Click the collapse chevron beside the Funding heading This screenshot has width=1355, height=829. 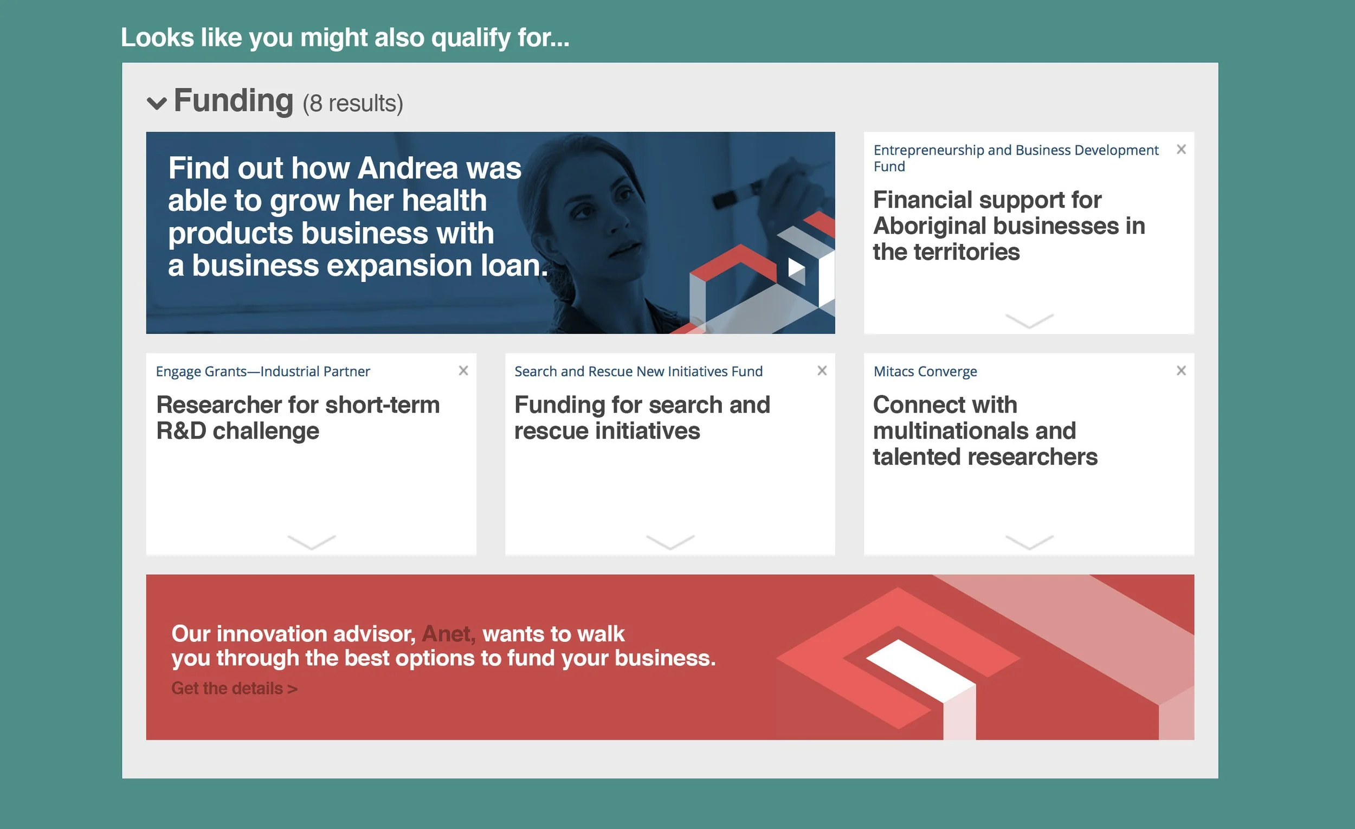click(x=157, y=104)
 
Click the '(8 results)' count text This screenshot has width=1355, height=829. click(x=352, y=104)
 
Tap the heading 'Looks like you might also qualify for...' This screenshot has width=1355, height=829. click(x=345, y=37)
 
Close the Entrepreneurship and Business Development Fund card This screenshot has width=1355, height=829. click(x=1180, y=150)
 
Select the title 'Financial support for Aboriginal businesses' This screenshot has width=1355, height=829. click(x=1009, y=226)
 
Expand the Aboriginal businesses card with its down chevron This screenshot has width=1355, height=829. click(x=1029, y=320)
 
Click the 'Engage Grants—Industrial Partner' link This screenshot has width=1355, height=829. click(x=263, y=371)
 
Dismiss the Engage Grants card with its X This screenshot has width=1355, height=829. click(x=463, y=371)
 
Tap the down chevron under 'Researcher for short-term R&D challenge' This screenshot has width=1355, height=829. click(x=311, y=542)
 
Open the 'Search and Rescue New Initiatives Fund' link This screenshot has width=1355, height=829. click(x=638, y=371)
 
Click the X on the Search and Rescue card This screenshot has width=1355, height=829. click(x=822, y=371)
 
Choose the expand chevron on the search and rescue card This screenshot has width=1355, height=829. click(x=670, y=542)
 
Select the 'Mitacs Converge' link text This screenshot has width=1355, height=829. click(x=925, y=371)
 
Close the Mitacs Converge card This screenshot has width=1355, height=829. click(x=1180, y=371)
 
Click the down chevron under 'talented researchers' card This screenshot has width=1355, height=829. click(x=1029, y=542)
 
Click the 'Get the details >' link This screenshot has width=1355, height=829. click(x=234, y=688)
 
